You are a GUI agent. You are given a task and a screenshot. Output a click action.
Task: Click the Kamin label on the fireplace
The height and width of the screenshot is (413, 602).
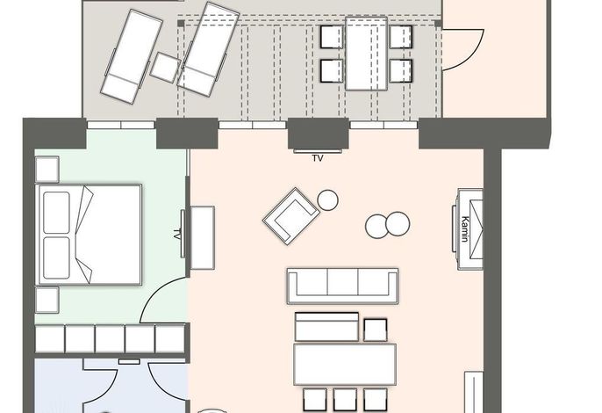[x=464, y=229]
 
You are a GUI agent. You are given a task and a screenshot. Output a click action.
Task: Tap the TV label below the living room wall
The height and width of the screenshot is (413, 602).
[x=318, y=158]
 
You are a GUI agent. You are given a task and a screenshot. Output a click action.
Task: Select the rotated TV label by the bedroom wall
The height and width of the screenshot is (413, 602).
[x=177, y=235]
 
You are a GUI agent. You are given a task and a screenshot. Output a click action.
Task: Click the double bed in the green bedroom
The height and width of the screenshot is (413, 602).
[x=89, y=235]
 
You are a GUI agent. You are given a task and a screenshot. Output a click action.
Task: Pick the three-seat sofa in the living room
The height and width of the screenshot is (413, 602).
[x=342, y=286]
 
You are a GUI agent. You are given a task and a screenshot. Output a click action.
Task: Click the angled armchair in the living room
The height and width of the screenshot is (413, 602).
[x=290, y=216]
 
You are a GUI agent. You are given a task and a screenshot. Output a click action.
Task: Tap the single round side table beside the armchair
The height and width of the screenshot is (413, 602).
[x=328, y=200]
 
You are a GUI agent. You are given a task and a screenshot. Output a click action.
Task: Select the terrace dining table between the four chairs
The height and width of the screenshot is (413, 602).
[x=366, y=54]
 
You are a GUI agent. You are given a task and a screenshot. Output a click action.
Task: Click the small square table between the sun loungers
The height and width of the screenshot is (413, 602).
[x=166, y=68]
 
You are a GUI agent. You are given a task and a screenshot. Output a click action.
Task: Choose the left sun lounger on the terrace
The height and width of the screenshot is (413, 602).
[x=132, y=56]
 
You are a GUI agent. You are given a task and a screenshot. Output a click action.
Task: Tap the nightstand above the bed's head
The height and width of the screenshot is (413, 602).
[x=47, y=169]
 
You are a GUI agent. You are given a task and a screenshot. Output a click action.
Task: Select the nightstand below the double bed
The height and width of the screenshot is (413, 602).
[x=47, y=300]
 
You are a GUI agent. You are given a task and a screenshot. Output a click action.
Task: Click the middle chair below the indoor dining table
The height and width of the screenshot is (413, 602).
[x=345, y=400]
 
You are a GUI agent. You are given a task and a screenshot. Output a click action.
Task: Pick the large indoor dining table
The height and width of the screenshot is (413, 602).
[x=345, y=365]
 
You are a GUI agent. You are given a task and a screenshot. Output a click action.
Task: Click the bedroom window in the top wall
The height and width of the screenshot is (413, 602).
[x=121, y=125]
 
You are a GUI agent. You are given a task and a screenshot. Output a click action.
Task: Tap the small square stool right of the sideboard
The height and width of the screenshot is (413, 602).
[x=375, y=330]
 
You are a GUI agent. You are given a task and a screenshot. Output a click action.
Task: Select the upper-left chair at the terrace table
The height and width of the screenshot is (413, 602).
[x=332, y=37]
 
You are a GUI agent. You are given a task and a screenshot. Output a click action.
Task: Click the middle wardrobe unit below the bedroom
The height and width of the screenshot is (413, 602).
[x=110, y=339]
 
